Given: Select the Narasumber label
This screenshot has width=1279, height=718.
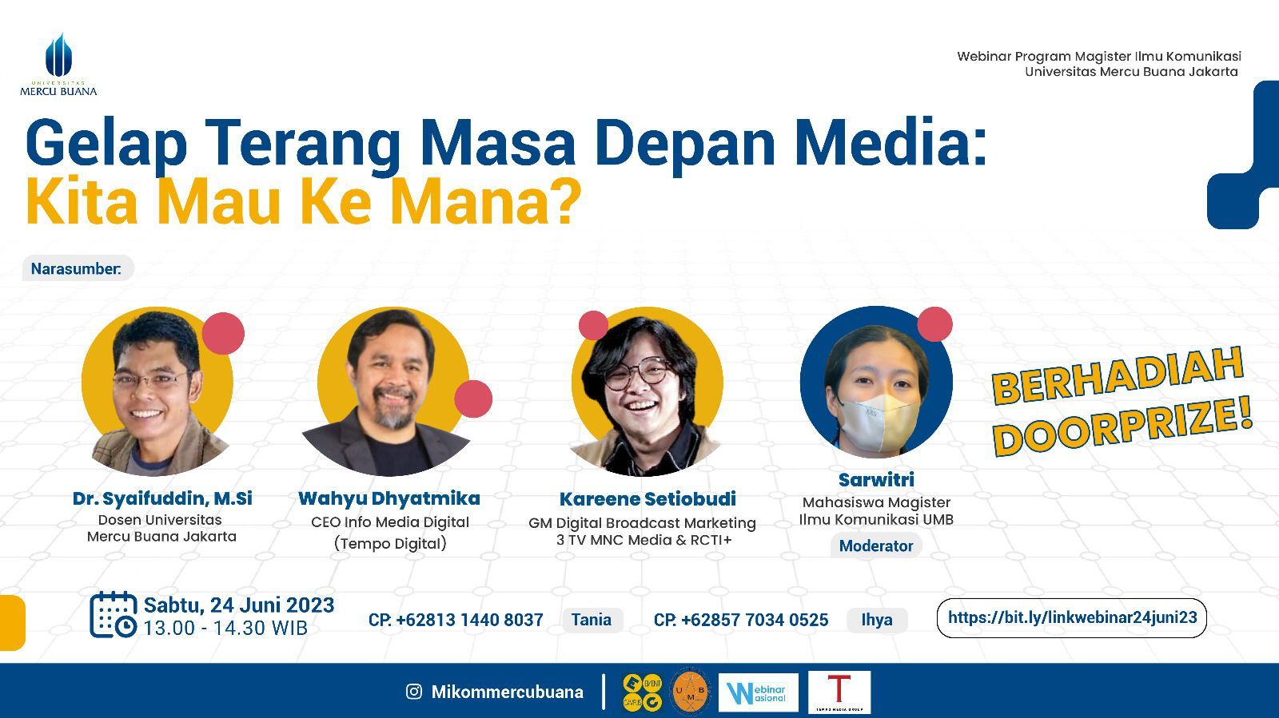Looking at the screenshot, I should [77, 268].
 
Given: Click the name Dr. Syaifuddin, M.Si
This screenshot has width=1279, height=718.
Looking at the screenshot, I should [162, 498].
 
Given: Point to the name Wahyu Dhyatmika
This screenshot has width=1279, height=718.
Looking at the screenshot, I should [389, 498].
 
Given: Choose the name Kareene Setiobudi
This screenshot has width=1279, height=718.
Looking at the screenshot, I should [647, 499].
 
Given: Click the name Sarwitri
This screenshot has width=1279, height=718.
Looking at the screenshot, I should [876, 479].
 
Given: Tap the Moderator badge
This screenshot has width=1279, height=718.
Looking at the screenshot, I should [876, 545].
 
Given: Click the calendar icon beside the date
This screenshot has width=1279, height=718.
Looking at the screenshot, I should [113, 614].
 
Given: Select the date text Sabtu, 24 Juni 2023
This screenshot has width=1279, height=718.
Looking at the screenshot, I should [239, 605].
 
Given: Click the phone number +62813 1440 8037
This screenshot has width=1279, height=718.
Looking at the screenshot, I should [468, 620].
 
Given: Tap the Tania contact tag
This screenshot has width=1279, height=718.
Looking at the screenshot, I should [592, 620].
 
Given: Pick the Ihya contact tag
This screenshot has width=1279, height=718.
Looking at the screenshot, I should [877, 620].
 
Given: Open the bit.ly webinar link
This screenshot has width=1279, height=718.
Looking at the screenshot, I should [1071, 617].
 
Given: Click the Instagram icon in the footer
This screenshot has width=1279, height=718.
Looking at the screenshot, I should [414, 692].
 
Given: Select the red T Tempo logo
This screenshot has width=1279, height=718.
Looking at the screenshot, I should [839, 691].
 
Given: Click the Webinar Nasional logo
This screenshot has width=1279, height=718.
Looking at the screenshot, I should [758, 692].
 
